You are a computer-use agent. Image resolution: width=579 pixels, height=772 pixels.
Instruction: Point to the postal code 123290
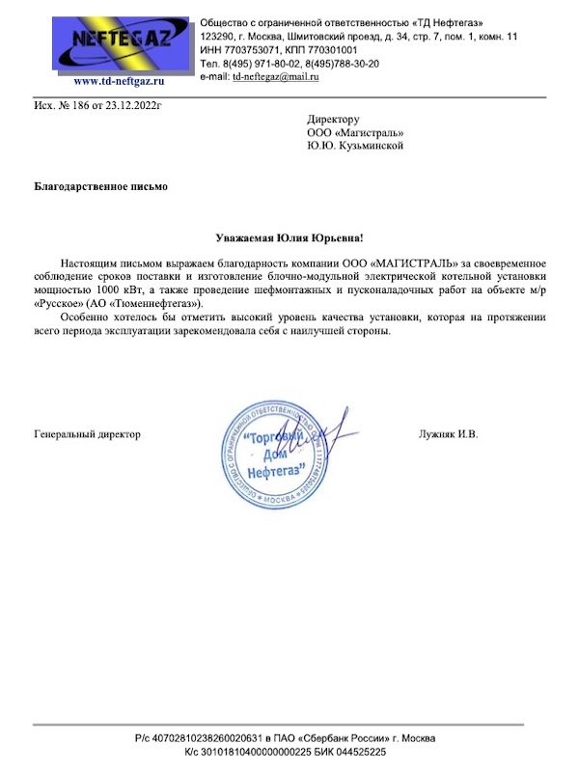click(217, 36)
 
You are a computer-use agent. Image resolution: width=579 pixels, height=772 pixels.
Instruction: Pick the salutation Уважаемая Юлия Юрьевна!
click(289, 237)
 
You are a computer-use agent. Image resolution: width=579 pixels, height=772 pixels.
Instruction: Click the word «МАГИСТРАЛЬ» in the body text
click(407, 262)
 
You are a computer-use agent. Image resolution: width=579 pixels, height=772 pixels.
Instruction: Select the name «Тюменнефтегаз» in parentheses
click(167, 302)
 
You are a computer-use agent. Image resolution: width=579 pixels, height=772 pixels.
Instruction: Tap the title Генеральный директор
click(88, 434)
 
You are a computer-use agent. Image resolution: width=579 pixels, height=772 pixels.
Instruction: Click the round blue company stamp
click(276, 453)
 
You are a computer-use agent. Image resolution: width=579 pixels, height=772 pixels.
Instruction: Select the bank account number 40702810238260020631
click(229, 738)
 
